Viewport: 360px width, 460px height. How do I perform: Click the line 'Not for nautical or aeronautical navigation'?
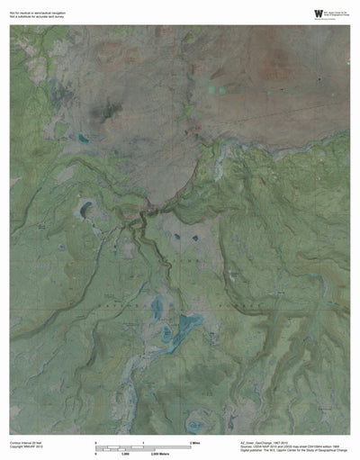[x=36, y=9]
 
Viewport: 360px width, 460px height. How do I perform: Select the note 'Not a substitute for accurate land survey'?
[x=35, y=14]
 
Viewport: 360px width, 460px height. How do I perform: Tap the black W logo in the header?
[x=318, y=12]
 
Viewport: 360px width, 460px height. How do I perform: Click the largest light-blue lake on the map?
[x=188, y=324]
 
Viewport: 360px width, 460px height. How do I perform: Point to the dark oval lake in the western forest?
[x=86, y=210]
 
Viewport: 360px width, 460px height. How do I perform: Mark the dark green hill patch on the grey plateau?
[x=112, y=113]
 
